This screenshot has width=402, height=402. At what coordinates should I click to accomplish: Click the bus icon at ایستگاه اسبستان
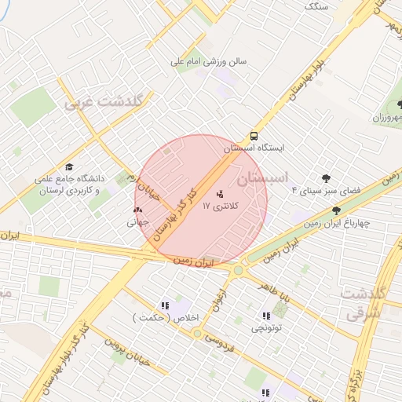tap(254, 135)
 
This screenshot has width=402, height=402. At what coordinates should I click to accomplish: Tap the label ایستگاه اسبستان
tap(253, 148)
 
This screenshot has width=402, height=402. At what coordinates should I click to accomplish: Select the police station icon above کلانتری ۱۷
tap(219, 193)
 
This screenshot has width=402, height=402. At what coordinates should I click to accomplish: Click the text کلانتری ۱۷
tap(219, 206)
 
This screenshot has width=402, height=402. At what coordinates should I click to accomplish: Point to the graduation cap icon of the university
tap(69, 167)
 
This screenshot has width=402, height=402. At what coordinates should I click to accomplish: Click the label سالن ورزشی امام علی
tap(210, 60)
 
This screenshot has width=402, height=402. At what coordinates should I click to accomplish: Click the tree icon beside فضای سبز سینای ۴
tap(327, 178)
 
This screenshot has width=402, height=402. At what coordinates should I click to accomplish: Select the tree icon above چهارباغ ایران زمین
tap(337, 210)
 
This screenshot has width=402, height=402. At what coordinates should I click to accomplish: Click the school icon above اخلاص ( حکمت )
tap(164, 305)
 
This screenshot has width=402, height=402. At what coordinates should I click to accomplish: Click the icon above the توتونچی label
tap(264, 316)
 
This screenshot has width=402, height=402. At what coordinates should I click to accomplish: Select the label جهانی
tap(138, 222)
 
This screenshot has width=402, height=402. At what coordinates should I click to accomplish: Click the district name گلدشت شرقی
tap(361, 303)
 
